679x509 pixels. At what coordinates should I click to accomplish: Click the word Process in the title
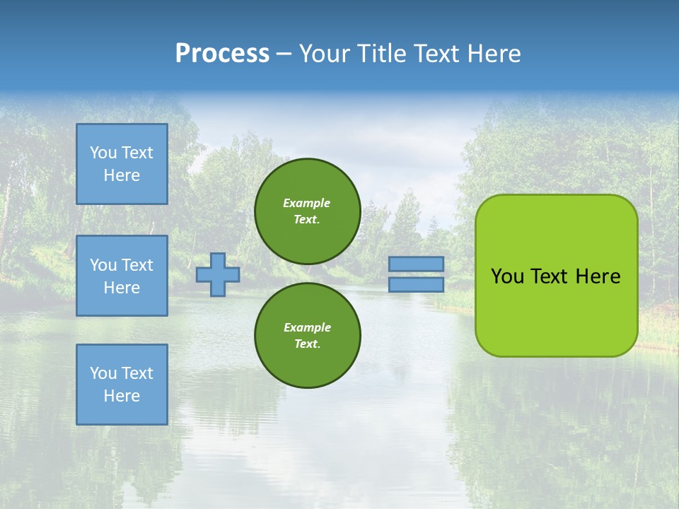click(222, 53)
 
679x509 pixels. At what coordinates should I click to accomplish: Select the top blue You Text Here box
click(122, 164)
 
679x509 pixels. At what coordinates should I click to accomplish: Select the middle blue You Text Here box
click(122, 276)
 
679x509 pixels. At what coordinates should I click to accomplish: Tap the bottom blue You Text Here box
click(122, 385)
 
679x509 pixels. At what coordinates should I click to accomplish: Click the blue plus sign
click(218, 274)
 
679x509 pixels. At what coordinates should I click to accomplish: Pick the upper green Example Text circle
click(308, 211)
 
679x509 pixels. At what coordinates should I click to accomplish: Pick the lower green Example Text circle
click(308, 335)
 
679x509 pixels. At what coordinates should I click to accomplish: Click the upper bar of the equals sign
click(417, 264)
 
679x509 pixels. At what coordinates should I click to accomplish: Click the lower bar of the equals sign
click(417, 284)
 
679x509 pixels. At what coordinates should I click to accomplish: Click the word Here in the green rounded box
click(598, 276)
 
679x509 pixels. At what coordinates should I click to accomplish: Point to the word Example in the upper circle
click(307, 203)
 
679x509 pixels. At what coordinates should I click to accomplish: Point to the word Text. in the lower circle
click(307, 344)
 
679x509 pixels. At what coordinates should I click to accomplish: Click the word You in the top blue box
click(103, 153)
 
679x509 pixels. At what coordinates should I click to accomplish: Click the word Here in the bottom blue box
click(122, 396)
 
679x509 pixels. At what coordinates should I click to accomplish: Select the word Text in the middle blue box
click(137, 265)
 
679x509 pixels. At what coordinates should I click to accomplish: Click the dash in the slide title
click(284, 54)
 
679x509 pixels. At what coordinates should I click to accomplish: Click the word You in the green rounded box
click(506, 276)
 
